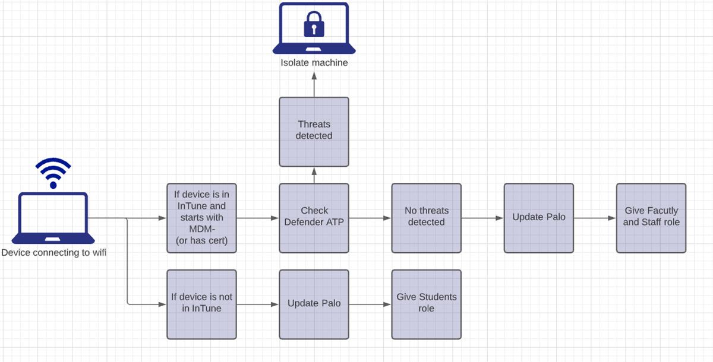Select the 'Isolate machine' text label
314,63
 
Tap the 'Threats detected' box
314,131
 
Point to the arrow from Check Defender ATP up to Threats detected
314,175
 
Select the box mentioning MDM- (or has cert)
201,218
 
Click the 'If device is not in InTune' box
201,304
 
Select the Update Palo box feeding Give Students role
314,304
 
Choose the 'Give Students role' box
426,304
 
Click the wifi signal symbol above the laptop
53,172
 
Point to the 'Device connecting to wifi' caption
53,253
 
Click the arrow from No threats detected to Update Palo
482,218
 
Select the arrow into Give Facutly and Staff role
594,218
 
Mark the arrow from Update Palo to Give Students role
370,304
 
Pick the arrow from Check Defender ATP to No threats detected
370,218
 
